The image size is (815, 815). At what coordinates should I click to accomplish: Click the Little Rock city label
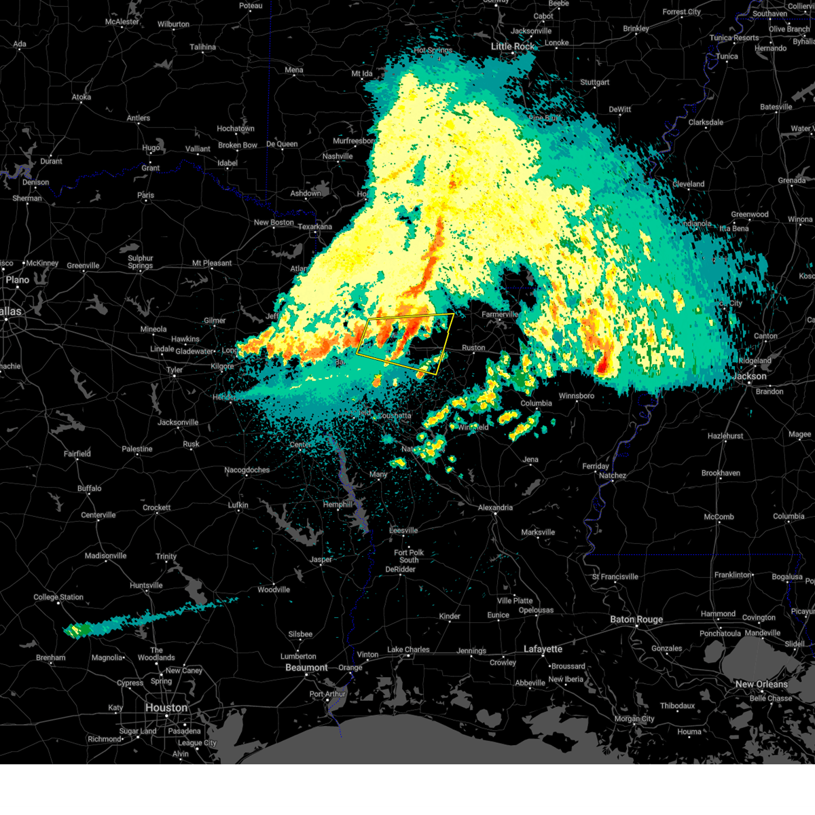point(513,46)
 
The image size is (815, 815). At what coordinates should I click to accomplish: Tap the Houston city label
point(166,708)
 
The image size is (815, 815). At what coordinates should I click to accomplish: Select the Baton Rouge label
point(636,619)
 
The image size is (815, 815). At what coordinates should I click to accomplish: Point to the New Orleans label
point(761,684)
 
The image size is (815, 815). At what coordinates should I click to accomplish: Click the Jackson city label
point(750,376)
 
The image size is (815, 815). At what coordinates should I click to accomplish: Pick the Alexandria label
point(495,507)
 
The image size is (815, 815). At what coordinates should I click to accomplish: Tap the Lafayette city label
point(543,649)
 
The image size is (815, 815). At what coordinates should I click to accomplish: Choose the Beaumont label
point(306,668)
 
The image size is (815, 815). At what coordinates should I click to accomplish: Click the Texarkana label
point(315,227)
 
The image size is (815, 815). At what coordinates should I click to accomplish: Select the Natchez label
point(613,475)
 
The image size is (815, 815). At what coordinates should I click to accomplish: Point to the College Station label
point(58,598)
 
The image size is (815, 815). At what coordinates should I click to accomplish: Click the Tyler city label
point(175,370)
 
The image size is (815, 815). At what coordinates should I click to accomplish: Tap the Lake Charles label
point(408,650)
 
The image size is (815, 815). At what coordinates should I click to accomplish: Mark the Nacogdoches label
point(247,470)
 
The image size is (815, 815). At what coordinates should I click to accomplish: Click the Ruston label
point(473,348)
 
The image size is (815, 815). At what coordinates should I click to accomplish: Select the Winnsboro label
point(576,396)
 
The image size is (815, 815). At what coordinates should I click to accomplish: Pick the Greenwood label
point(750,215)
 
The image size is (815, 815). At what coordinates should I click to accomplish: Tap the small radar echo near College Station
point(80,630)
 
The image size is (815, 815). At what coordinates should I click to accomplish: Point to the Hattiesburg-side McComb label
point(719,517)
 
